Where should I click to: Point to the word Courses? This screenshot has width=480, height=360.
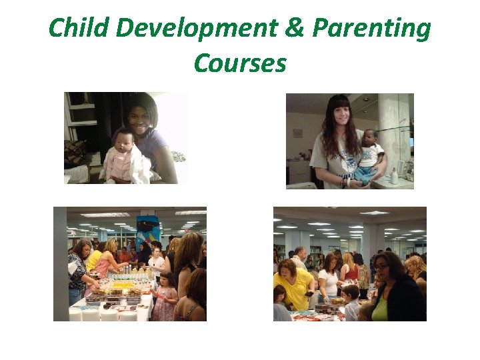tap(240, 63)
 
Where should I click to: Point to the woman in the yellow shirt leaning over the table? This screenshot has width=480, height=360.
tap(292, 280)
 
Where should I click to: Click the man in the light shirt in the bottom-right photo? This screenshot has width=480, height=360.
tap(301, 257)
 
